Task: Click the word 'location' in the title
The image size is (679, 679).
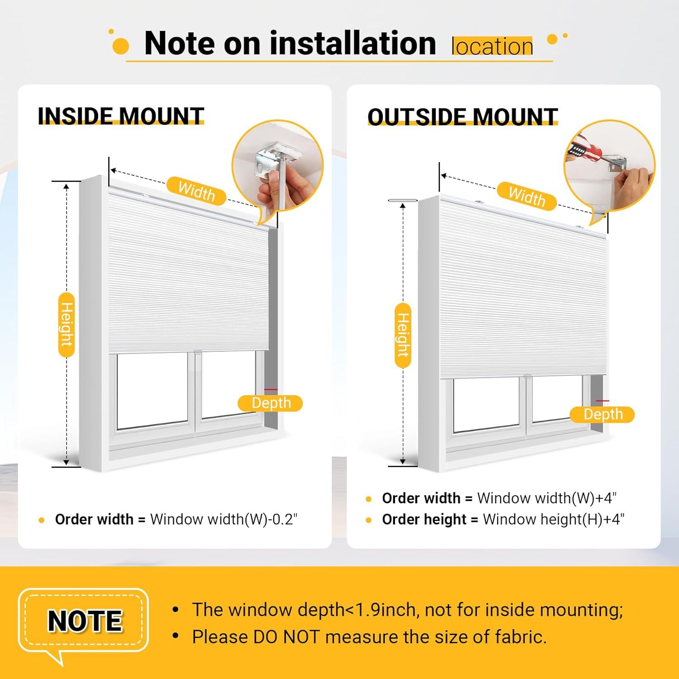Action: click(492, 46)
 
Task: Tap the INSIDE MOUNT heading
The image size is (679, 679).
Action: click(121, 116)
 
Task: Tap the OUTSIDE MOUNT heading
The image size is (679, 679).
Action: click(463, 117)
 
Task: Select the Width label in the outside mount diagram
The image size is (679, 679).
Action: click(527, 196)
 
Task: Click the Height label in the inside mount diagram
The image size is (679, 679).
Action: click(67, 325)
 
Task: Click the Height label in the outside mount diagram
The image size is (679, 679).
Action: click(403, 335)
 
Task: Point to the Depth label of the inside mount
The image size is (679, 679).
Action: click(271, 403)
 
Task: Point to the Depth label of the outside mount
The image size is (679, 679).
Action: click(602, 414)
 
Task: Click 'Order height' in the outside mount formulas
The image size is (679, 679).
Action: click(424, 519)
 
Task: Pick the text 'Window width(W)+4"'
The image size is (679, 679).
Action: click(547, 498)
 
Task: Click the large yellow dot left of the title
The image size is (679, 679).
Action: click(120, 46)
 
